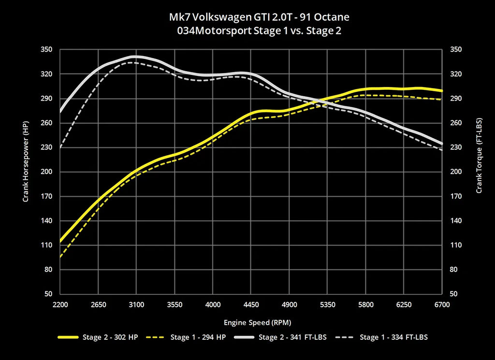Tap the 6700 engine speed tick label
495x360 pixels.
coord(442,305)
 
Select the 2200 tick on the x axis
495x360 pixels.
coord(60,305)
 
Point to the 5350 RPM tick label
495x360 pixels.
coord(327,305)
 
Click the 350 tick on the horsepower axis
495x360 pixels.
coord(47,50)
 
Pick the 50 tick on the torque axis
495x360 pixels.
coord(453,294)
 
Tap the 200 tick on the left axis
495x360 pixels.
coord(47,172)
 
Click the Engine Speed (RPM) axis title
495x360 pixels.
coord(251,322)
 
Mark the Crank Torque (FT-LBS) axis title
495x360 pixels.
coord(479,156)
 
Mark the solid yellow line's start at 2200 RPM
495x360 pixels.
coord(60,241)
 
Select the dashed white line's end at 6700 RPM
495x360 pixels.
coord(441,150)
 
